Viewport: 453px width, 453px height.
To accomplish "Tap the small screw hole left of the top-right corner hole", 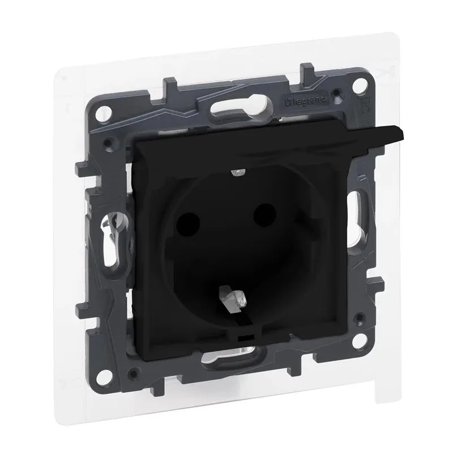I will [x=338, y=91].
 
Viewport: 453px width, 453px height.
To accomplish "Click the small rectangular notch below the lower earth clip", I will [x=244, y=339].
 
